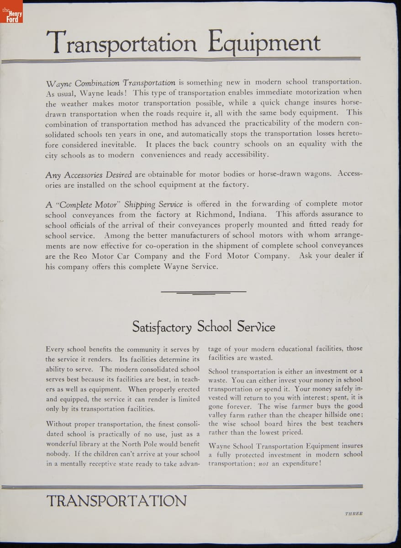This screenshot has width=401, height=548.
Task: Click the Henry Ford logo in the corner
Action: tap(11, 12)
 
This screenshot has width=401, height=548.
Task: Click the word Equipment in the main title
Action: tap(264, 43)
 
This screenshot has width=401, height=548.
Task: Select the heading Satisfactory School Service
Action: tap(204, 327)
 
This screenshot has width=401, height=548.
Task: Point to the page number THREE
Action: tap(354, 513)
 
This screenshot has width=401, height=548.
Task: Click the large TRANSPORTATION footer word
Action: tap(116, 501)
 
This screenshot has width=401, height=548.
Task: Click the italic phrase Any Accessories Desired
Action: tap(89, 175)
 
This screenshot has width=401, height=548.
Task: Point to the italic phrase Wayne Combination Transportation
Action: tap(111, 83)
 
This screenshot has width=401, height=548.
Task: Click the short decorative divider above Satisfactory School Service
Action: tap(204, 292)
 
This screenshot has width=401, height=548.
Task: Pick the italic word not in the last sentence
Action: tap(264, 464)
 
